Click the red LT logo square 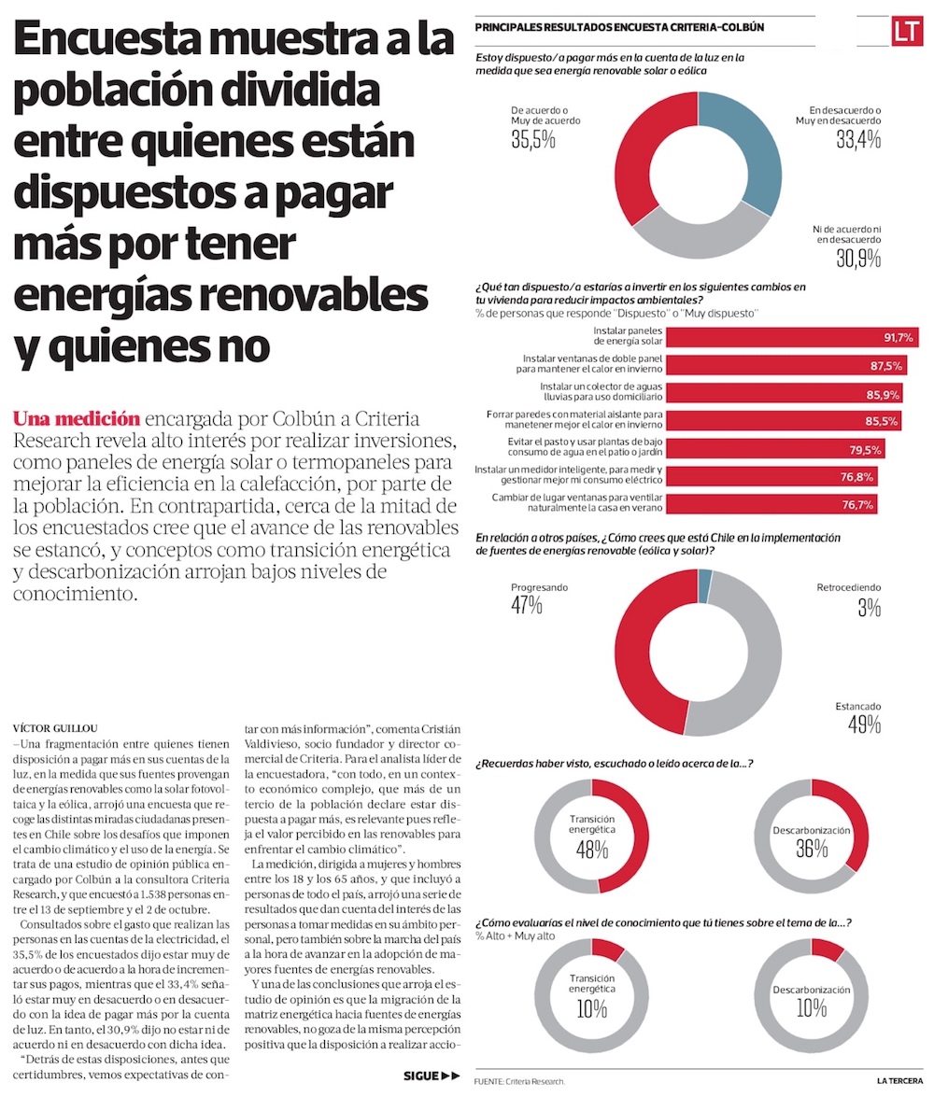coord(905,31)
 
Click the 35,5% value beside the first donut coord(533,140)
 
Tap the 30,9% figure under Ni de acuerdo coord(858,259)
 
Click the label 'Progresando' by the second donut coord(539,588)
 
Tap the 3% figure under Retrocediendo coord(869,608)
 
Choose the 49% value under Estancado coord(864,724)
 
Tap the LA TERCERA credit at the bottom coord(899,1080)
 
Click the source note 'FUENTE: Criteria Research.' coord(520,1081)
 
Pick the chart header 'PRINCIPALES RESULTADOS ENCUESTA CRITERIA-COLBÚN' coord(619,28)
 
